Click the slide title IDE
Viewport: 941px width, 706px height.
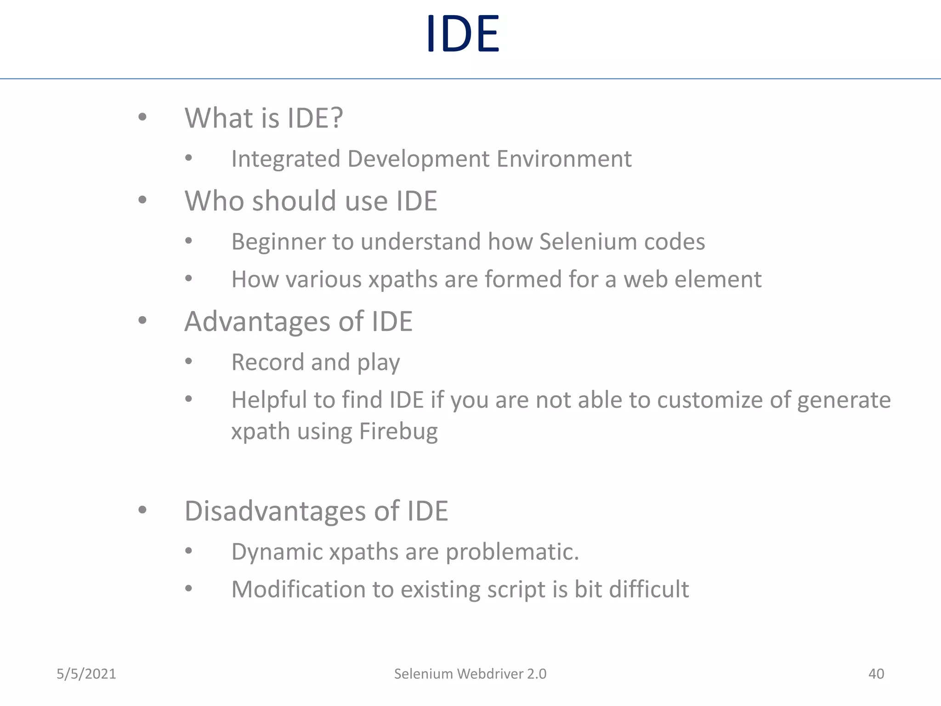(x=463, y=34)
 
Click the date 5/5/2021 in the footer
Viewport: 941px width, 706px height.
(x=86, y=674)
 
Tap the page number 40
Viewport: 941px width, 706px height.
(x=876, y=674)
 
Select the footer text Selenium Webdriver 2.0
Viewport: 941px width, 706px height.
(x=470, y=674)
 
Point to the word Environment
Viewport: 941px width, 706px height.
(x=564, y=159)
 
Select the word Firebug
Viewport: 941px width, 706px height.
(x=398, y=432)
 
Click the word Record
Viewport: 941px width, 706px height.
(x=267, y=362)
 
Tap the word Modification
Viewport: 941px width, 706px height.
(x=298, y=589)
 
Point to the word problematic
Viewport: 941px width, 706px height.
(x=512, y=552)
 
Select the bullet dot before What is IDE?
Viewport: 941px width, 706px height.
(x=142, y=117)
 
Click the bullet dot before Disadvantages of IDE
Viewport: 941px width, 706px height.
(x=142, y=510)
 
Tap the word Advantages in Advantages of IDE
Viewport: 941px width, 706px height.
(x=257, y=321)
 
